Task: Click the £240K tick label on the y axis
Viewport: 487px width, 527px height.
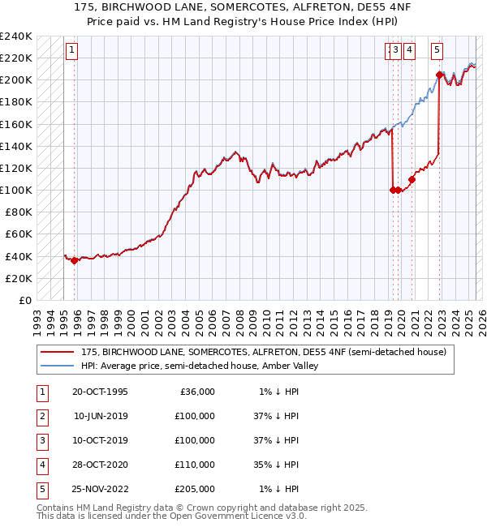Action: pos(16,36)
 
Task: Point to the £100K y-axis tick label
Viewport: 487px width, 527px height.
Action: pos(16,190)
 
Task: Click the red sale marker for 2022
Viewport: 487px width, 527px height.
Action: pos(439,75)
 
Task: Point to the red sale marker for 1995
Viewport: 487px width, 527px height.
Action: pos(74,260)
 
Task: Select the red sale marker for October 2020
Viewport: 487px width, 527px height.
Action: pos(412,179)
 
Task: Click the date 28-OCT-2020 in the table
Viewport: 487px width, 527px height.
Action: pos(100,465)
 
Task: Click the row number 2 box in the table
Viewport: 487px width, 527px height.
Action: pos(42,416)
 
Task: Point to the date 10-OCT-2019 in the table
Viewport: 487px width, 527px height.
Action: pos(100,440)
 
